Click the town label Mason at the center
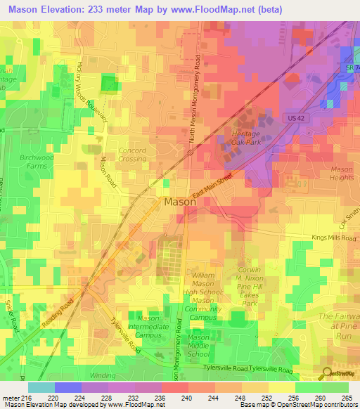(x=179, y=202)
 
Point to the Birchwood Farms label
(x=35, y=162)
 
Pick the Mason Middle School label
(x=202, y=346)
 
